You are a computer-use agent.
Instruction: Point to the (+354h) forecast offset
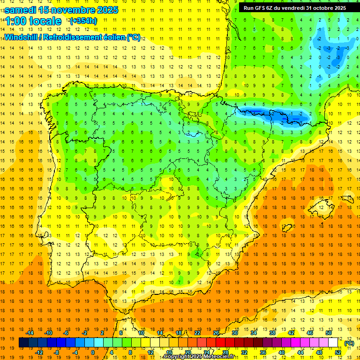tap(83, 21)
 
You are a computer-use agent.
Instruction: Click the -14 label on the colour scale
tap(29, 333)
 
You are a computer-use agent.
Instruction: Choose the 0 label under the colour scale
tap(93, 352)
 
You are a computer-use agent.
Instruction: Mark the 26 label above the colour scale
tap(216, 333)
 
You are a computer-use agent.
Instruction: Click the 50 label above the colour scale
tap(328, 333)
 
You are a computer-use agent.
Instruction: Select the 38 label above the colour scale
tap(272, 333)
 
